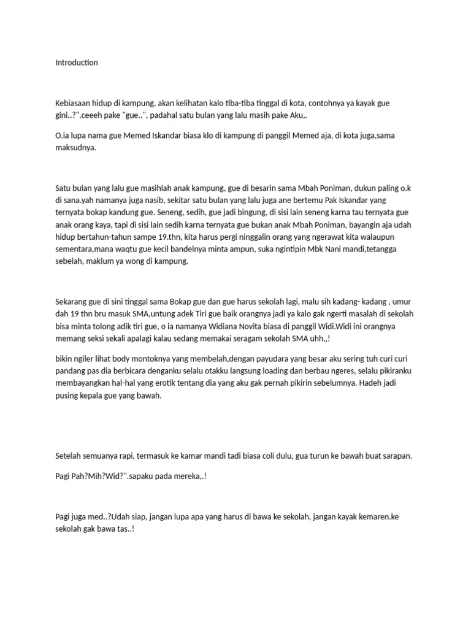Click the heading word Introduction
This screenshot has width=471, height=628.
tap(77, 63)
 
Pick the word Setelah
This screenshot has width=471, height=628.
tap(69, 456)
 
